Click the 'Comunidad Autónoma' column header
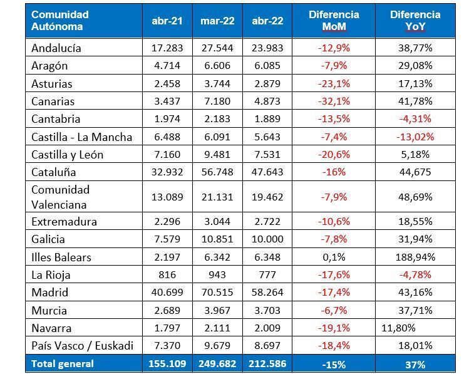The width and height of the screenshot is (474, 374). point(60,21)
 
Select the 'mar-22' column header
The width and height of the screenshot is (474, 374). point(217,21)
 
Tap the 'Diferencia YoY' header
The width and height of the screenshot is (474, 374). point(415,21)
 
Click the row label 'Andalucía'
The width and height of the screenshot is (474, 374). point(56,48)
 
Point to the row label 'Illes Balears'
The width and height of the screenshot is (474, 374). point(61,257)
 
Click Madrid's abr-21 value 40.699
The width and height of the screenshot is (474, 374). point(167,293)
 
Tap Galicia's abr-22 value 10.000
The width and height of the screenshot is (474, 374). point(267,239)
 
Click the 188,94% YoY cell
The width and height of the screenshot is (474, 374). point(415,257)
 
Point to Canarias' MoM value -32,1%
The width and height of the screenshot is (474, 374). point(334,101)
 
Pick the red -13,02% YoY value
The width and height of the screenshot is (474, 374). point(415,137)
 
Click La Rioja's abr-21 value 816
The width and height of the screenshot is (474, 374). point(167,274)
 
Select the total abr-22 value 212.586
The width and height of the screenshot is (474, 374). point(267,363)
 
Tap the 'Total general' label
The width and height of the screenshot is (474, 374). point(63,363)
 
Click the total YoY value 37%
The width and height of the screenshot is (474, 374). point(415,363)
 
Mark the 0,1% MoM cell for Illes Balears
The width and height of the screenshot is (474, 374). point(334,257)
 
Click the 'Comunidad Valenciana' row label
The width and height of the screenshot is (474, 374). point(61,197)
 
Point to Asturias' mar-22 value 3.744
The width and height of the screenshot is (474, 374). point(217,83)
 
